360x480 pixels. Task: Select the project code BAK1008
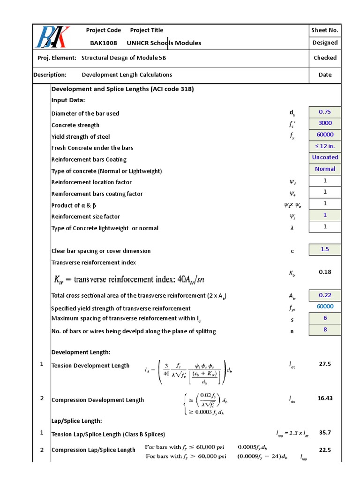(103, 43)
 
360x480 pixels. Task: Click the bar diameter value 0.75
(325, 112)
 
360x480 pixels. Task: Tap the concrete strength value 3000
(325, 123)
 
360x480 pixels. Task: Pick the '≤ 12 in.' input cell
(325, 146)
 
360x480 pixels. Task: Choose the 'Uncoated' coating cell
(325, 157)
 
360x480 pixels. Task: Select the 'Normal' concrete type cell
(325, 169)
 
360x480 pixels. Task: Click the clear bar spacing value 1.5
(325, 249)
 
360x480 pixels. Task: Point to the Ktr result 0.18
(325, 272)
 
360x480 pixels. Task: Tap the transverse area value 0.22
(325, 295)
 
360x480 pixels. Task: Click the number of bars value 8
(325, 330)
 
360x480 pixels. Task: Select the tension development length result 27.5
(325, 364)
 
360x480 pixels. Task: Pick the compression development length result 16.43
(325, 398)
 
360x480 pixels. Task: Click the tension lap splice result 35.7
(325, 433)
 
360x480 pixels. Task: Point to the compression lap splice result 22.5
(325, 450)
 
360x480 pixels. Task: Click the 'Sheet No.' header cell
(325, 30)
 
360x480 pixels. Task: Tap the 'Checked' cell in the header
(325, 58)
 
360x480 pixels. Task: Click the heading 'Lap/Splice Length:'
(76, 421)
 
